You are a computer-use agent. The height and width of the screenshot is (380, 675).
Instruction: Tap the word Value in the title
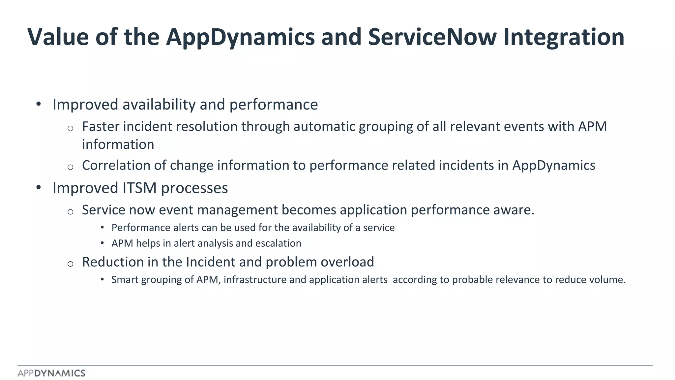coord(58,37)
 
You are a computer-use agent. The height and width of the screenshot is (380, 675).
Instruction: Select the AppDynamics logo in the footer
coord(51,373)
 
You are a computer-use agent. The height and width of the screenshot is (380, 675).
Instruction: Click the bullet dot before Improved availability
coord(39,104)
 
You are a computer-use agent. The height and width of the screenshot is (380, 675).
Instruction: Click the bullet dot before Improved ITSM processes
coord(39,188)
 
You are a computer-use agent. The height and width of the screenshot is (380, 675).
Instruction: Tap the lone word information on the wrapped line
coord(118,144)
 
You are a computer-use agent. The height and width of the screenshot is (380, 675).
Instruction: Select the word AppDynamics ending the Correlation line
coord(554,165)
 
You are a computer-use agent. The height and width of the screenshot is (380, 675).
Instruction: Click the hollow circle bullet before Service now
coord(70,212)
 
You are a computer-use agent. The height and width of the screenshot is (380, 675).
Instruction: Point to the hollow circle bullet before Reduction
coord(70,264)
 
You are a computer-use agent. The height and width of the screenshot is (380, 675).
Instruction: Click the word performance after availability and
coord(274,105)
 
